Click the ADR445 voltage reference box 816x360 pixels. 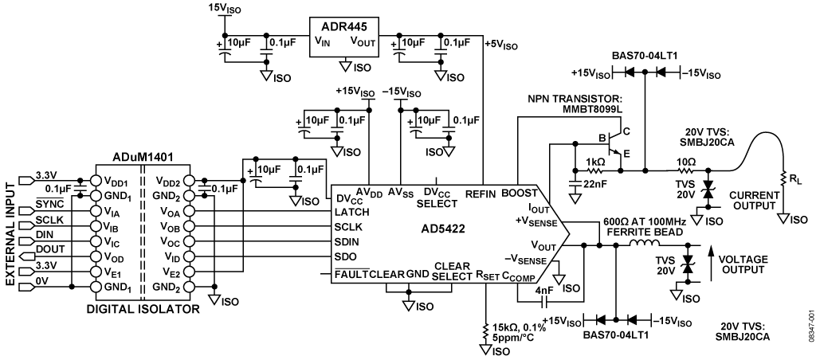(x=344, y=37)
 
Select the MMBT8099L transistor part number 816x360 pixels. (x=591, y=109)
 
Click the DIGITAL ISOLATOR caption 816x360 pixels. (x=143, y=310)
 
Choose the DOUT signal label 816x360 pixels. (x=50, y=250)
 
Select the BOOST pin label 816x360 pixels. (x=518, y=194)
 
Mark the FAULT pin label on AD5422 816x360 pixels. (x=351, y=274)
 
